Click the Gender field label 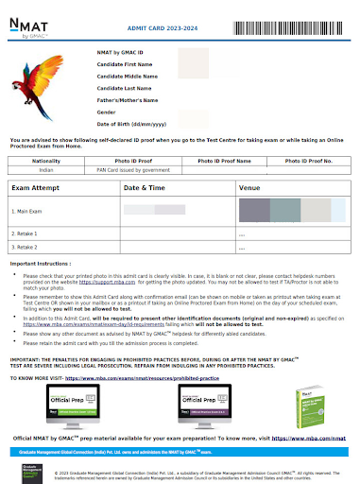tap(108, 112)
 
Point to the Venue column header tap(250, 189)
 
